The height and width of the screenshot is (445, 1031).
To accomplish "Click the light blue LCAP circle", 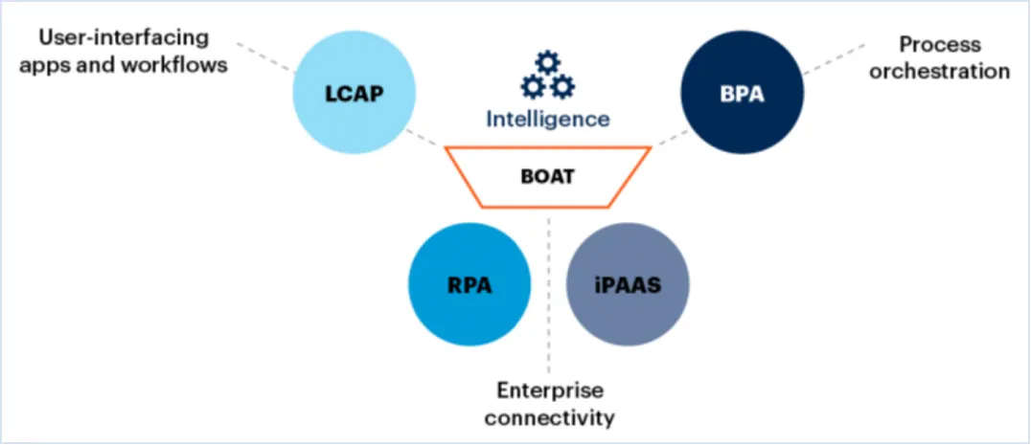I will tap(355, 95).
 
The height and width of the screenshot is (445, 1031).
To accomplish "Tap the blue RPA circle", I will tap(469, 286).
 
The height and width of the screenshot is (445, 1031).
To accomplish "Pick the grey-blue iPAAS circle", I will tap(628, 286).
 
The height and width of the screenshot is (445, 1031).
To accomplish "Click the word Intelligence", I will tap(547, 119).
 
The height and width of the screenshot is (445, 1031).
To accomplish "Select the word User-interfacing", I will tap(124, 39).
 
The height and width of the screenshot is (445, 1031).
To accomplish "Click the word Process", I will tap(939, 44).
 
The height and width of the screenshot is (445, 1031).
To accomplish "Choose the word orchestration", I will tap(939, 71).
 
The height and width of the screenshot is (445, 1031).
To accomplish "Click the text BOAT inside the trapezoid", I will tap(548, 176).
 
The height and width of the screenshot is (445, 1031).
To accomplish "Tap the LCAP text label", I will tap(355, 95).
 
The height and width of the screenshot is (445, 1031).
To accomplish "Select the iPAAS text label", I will tap(628, 286).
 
